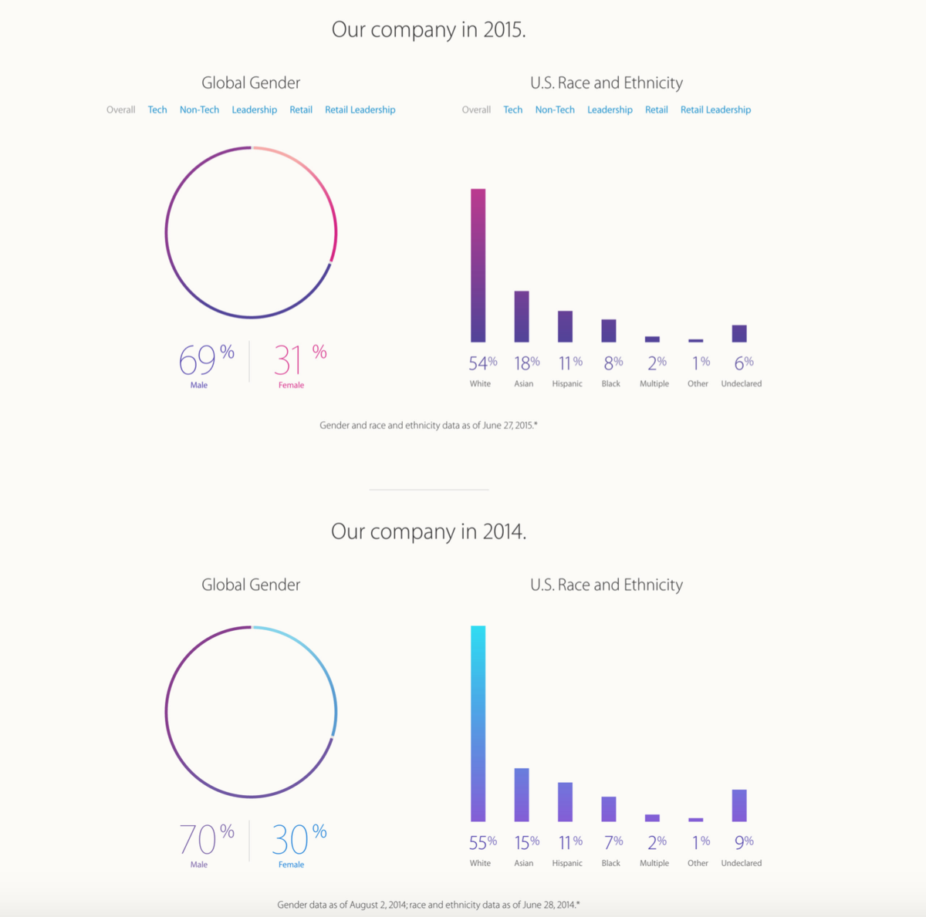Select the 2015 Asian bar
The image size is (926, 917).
click(522, 316)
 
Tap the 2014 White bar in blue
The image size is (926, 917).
click(478, 723)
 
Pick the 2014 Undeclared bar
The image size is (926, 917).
click(739, 805)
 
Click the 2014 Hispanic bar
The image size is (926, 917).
click(565, 802)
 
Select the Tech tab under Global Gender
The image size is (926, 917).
click(157, 110)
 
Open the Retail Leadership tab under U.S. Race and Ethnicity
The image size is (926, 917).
click(715, 110)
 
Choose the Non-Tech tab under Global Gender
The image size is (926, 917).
click(199, 110)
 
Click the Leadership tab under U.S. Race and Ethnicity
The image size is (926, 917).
click(610, 110)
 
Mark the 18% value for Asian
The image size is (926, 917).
click(527, 362)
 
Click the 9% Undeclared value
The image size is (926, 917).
click(744, 842)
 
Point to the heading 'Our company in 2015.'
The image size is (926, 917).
click(428, 30)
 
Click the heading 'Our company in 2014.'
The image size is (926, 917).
click(428, 531)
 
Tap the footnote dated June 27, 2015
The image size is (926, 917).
click(428, 425)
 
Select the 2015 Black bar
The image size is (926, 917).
click(609, 330)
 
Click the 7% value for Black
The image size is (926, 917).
click(613, 842)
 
